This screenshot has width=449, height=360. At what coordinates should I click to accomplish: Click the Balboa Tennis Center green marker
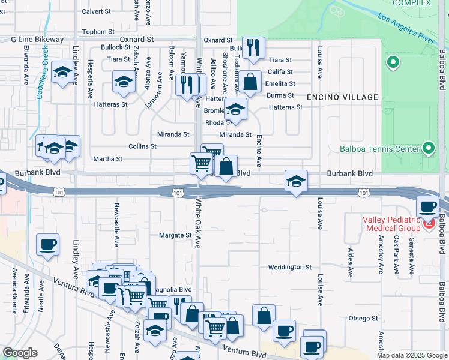point(429,148)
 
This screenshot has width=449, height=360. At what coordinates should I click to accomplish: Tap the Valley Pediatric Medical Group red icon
point(429,225)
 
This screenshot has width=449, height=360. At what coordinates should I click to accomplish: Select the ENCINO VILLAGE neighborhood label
point(342,97)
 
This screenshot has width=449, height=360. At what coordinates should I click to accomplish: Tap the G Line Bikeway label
point(37,40)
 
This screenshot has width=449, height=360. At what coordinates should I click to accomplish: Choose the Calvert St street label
point(97,11)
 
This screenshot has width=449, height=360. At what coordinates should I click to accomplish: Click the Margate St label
point(175,235)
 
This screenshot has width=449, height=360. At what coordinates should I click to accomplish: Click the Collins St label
point(142,146)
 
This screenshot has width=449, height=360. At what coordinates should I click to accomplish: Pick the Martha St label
point(107,159)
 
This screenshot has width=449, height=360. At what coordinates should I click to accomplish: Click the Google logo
point(20,353)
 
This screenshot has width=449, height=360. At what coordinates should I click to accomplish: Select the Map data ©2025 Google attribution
point(411,355)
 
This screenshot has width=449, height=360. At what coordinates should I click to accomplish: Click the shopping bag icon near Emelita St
point(252,81)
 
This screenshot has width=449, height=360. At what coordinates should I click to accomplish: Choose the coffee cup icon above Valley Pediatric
point(428,206)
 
